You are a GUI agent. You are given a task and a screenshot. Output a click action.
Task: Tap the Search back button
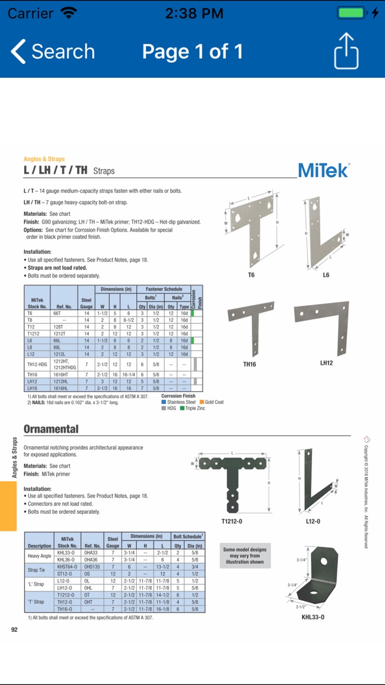[53, 52]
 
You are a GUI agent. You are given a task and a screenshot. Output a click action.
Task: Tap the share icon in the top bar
[346, 51]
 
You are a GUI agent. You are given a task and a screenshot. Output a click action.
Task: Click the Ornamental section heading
[51, 429]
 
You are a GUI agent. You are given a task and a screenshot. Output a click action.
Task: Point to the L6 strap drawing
[326, 233]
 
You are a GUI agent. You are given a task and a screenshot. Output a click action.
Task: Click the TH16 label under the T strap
[249, 364]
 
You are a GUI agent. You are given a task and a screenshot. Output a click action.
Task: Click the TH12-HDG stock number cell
[37, 364]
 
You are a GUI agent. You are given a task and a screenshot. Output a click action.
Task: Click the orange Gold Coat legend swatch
[202, 402]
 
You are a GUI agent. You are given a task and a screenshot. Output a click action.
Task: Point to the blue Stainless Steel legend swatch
[164, 402]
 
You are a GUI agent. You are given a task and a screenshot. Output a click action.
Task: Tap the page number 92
[14, 630]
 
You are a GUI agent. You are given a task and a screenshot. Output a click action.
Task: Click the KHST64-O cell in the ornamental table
[66, 567]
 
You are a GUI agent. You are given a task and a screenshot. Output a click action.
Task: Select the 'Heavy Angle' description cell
[39, 556]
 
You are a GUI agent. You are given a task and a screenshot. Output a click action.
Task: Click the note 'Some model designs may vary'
[245, 555]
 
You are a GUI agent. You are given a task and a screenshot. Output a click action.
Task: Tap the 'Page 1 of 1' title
[192, 52]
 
